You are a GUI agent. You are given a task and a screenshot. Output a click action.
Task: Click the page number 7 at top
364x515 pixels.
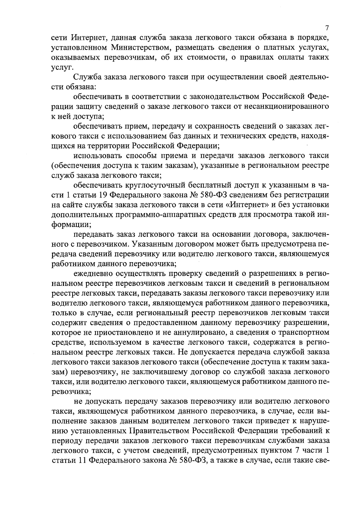tap(327, 28)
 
